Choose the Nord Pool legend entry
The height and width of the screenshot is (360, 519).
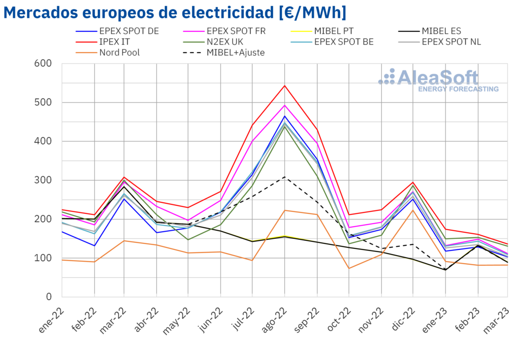(120, 52)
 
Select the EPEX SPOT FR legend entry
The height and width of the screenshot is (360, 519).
(236, 31)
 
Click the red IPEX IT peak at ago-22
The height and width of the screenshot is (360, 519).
(285, 86)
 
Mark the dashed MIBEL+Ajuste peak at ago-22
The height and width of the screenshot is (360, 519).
(285, 177)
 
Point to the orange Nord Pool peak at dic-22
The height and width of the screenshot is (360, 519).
(413, 210)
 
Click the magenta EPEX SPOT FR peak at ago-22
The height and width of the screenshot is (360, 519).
(285, 105)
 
